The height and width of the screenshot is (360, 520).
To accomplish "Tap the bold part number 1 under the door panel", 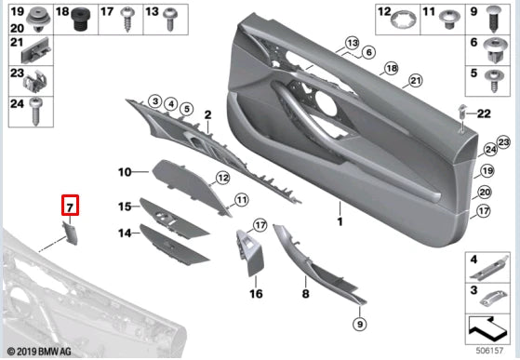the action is click(340, 223).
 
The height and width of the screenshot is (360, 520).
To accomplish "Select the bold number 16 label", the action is click(256, 293).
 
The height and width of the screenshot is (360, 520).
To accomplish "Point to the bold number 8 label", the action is click(304, 293).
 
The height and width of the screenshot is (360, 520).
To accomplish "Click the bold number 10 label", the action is click(126, 172).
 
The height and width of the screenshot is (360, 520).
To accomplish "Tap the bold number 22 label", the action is click(483, 113).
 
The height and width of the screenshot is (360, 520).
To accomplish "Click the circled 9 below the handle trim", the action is click(360, 324).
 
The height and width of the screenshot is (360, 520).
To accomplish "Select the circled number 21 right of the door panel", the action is click(415, 80).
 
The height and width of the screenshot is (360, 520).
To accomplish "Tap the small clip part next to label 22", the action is click(461, 113).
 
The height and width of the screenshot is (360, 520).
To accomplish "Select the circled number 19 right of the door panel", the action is click(484, 172).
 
